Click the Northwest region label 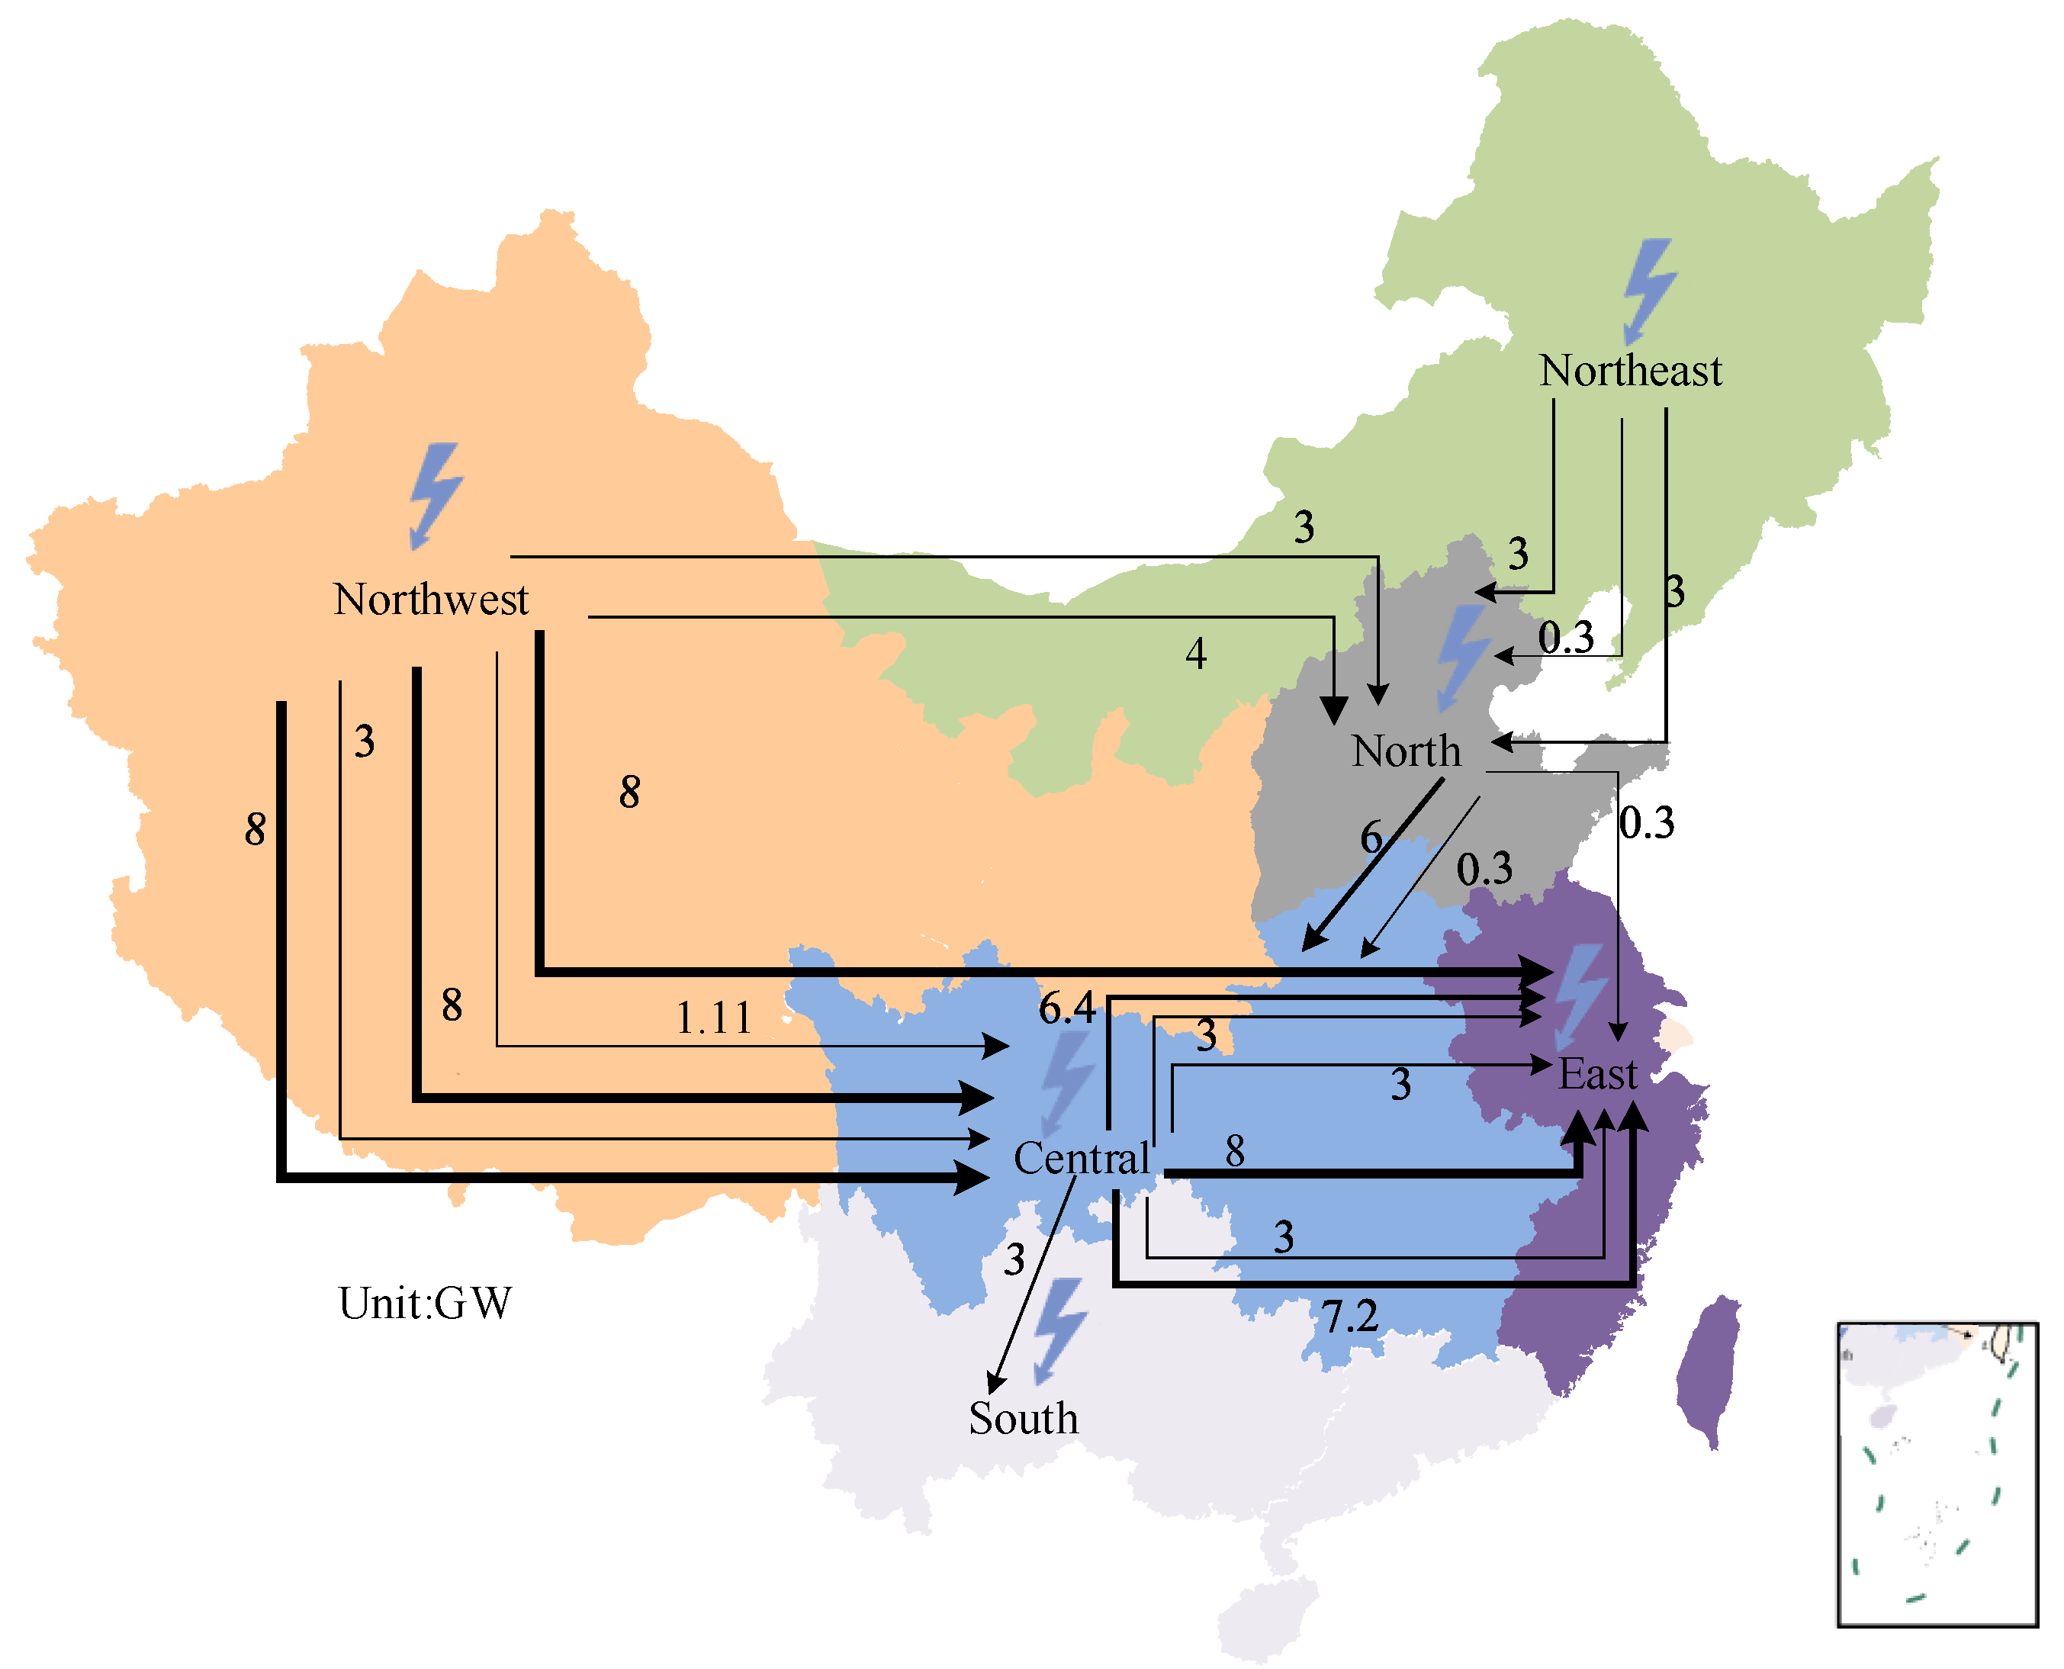click(431, 600)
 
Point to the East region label click(1596, 1074)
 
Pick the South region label click(1023, 1419)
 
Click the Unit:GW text click(425, 1304)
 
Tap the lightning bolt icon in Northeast click(1649, 291)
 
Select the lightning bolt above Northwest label click(436, 495)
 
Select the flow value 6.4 click(1066, 1008)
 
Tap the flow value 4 click(1195, 654)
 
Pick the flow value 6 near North click(1371, 837)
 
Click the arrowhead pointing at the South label click(994, 1384)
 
